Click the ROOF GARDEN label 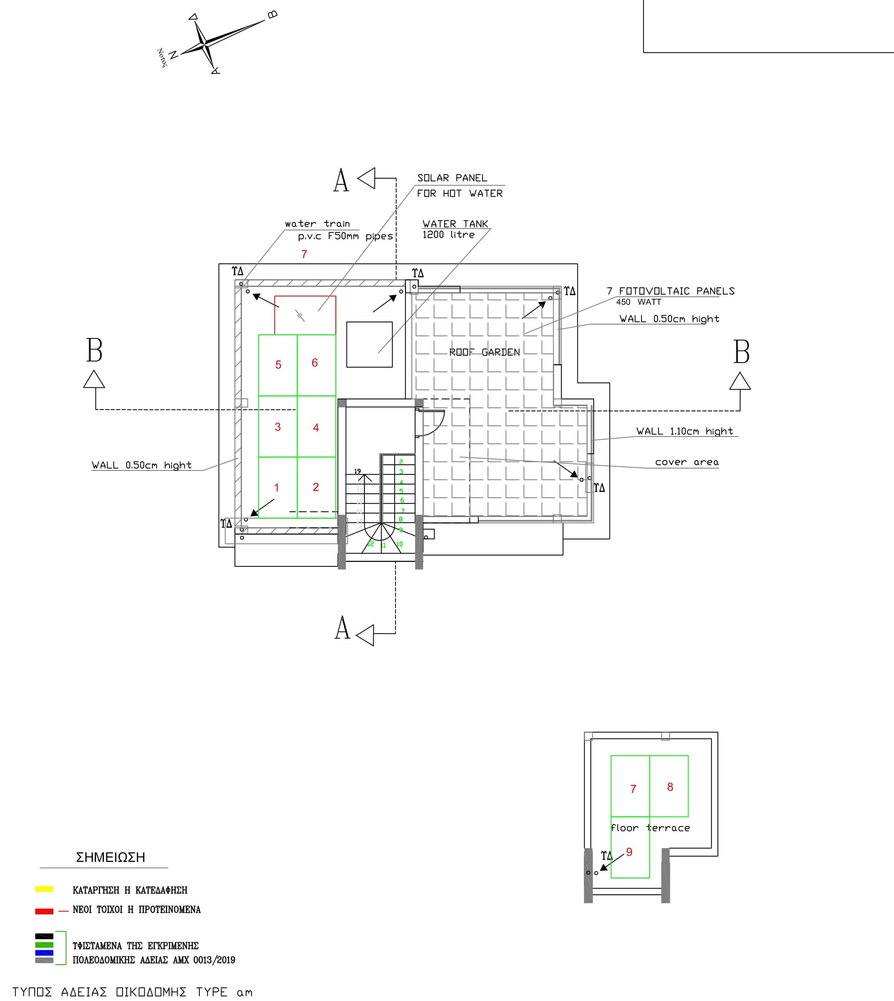click(x=484, y=352)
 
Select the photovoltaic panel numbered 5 click(x=278, y=365)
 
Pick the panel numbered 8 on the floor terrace click(x=669, y=786)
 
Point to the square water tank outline click(x=369, y=345)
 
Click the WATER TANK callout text click(x=455, y=224)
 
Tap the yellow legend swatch click(x=44, y=889)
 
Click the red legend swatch click(x=44, y=911)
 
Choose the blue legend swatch click(x=44, y=952)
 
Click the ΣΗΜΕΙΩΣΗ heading click(x=110, y=858)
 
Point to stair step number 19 click(x=358, y=471)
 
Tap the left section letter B click(x=94, y=350)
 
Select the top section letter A click(x=341, y=180)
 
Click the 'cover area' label click(x=687, y=462)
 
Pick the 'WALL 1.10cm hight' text click(x=684, y=431)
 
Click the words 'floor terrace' click(x=650, y=828)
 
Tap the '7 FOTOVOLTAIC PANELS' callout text click(x=670, y=291)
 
